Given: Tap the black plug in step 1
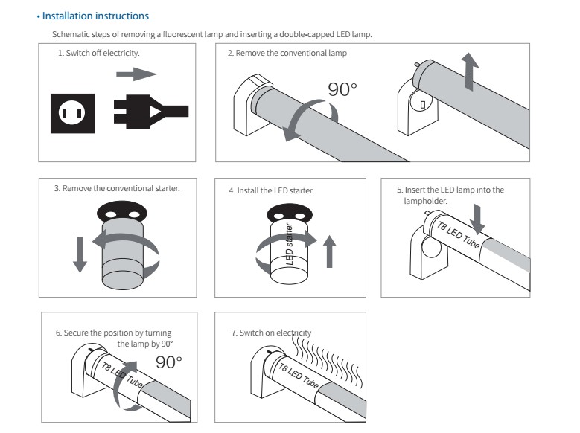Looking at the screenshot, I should click(149, 112).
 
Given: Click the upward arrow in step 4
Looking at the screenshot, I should click(331, 254).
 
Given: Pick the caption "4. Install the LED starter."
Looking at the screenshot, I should click(271, 190).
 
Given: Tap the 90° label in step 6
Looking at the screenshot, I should click(169, 362).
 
